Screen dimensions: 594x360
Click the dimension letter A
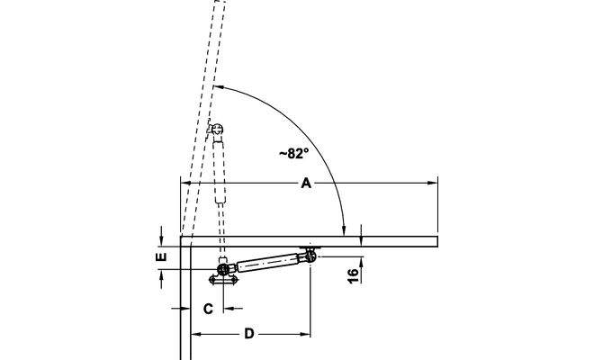tap(306, 184)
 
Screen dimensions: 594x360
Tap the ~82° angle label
tap(294, 154)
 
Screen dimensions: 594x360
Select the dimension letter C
tap(208, 309)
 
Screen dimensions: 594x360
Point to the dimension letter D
tap(249, 334)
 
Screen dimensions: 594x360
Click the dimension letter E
tap(161, 256)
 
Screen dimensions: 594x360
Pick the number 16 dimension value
tap(353, 275)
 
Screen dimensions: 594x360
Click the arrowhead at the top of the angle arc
tap(220, 87)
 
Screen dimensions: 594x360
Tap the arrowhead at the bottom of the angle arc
tap(344, 230)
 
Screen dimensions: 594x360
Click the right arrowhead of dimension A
tap(433, 183)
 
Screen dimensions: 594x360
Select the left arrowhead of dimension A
tap(185, 183)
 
